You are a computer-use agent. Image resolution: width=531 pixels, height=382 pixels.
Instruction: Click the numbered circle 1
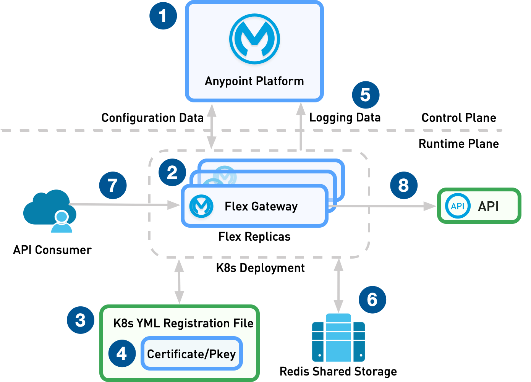[x=163, y=16]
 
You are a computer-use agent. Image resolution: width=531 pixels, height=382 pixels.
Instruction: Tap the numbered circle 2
[x=172, y=172]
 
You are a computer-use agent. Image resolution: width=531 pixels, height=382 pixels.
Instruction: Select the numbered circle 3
[x=81, y=320]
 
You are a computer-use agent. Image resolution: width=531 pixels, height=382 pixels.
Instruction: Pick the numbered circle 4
[x=122, y=353]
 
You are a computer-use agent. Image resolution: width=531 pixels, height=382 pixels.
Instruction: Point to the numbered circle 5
[x=366, y=95]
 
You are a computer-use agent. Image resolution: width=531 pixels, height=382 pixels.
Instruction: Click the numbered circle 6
[x=372, y=299]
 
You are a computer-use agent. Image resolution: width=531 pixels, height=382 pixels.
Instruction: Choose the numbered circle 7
[x=113, y=185]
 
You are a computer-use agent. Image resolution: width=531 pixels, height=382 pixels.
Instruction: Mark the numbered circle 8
[x=404, y=185]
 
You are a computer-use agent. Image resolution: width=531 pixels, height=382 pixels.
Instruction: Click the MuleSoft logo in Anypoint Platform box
[x=254, y=39]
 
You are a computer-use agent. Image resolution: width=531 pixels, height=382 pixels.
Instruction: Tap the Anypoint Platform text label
[x=254, y=81]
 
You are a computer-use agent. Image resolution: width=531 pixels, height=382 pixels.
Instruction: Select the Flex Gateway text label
[x=261, y=206]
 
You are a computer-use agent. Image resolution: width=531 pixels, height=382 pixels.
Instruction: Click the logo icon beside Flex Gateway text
[x=201, y=206]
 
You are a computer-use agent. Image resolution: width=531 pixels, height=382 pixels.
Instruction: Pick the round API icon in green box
[x=458, y=206]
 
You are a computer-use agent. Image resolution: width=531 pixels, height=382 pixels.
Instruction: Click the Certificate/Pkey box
[x=191, y=354]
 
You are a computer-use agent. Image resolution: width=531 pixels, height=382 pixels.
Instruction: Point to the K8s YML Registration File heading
[x=183, y=323]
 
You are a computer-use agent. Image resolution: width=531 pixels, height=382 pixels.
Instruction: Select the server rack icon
[x=338, y=338]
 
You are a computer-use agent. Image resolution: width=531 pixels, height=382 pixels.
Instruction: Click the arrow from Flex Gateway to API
[x=382, y=206]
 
